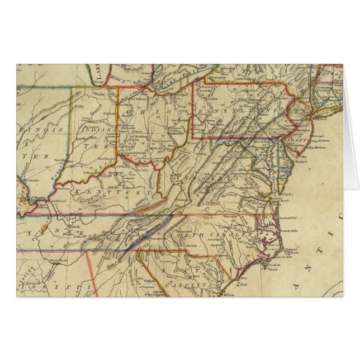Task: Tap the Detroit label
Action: tap(146, 73)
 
